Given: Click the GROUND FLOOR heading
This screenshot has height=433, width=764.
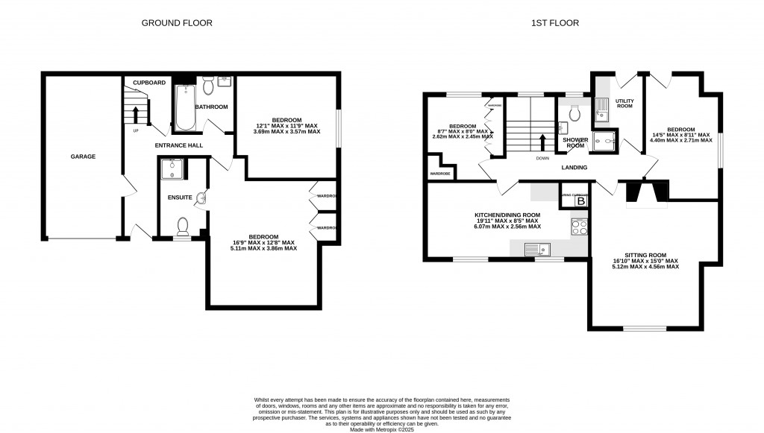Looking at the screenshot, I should pyautogui.click(x=177, y=23).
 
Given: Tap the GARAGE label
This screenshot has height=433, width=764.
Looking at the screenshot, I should pyautogui.click(x=83, y=157).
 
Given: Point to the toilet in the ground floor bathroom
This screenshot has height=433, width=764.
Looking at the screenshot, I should pyautogui.click(x=208, y=88).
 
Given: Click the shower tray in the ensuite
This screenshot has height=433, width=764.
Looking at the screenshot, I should pyautogui.click(x=172, y=169).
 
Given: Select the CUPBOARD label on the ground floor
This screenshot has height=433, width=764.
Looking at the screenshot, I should pyautogui.click(x=149, y=82).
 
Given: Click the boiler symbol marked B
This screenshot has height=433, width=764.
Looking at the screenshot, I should pyautogui.click(x=581, y=201).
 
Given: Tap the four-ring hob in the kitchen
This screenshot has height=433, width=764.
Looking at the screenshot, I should pyautogui.click(x=580, y=224).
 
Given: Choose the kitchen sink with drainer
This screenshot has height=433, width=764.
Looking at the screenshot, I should pyautogui.click(x=536, y=249).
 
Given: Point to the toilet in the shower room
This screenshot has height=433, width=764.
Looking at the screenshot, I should pyautogui.click(x=574, y=113).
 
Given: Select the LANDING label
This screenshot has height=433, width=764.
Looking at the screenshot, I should pyautogui.click(x=574, y=168).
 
